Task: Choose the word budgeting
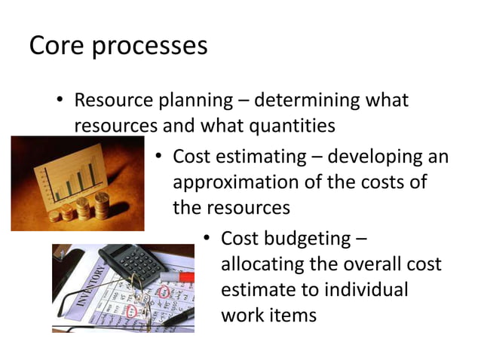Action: point(307,239)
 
